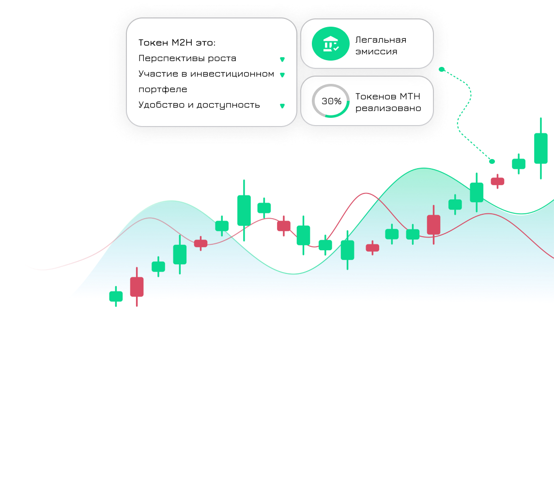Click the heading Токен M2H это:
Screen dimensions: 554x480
click(x=177, y=43)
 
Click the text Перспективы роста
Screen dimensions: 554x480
click(x=187, y=58)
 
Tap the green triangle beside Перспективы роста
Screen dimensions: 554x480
click(x=282, y=60)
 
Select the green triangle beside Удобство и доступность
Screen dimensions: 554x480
click(x=282, y=106)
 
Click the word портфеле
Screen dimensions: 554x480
click(x=163, y=90)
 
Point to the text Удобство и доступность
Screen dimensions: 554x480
click(x=199, y=105)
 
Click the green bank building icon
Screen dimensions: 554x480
click(x=331, y=44)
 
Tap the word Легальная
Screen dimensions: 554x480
click(x=381, y=40)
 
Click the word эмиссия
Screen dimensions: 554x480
click(x=376, y=52)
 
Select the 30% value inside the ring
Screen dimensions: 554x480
click(x=331, y=101)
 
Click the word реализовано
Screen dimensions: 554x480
click(x=388, y=108)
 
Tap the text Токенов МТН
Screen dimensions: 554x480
click(x=387, y=96)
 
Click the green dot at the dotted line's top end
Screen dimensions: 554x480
click(x=442, y=69)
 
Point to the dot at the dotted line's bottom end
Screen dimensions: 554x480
click(x=492, y=161)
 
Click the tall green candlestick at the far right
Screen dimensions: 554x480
click(x=540, y=148)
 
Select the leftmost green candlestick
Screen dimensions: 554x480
click(x=116, y=296)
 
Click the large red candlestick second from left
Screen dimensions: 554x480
click(x=137, y=287)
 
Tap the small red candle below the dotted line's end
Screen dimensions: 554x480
click(x=497, y=181)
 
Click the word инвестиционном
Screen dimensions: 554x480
click(x=232, y=74)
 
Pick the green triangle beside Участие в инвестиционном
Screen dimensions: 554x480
click(x=282, y=75)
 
